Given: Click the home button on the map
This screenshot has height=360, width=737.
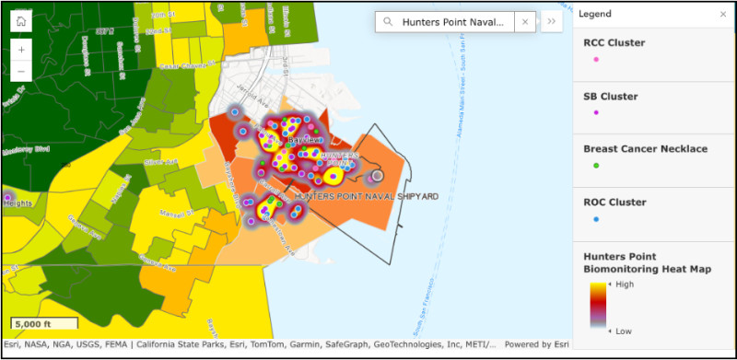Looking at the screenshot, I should [x=21, y=20].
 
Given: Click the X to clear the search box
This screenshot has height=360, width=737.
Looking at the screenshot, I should [x=525, y=22].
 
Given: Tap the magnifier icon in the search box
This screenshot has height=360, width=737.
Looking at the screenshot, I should [x=388, y=22].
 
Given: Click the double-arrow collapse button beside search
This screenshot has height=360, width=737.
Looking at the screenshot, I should [x=551, y=22].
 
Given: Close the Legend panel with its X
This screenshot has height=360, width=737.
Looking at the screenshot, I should [x=722, y=15].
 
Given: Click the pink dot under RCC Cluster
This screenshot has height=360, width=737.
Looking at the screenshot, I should [x=596, y=59].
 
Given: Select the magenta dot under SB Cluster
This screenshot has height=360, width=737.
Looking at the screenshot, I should [x=596, y=112].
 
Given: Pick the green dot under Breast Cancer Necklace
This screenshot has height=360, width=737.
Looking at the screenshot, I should [x=596, y=165].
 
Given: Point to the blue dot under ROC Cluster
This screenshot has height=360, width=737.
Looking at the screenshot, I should [x=596, y=219].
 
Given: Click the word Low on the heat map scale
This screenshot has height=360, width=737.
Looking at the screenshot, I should [x=624, y=329].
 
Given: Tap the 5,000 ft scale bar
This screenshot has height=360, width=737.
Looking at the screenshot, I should [x=43, y=324].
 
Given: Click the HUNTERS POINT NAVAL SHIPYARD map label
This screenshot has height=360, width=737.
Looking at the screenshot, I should [x=366, y=196].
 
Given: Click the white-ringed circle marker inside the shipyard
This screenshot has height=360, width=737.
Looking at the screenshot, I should [x=376, y=175].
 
